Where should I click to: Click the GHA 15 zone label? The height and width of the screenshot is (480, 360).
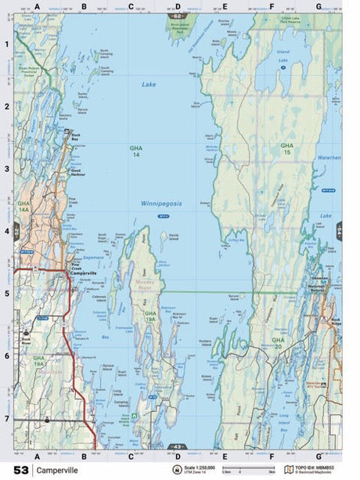coord(287,148)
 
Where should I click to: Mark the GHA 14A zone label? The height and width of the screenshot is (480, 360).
coord(23,205)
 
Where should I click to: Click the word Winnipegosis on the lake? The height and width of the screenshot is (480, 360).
coord(161,203)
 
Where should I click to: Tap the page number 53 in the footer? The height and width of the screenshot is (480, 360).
coord(21,470)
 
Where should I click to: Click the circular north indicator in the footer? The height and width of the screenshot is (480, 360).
coord(178,470)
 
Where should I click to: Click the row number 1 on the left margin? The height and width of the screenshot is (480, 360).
coord(6,44)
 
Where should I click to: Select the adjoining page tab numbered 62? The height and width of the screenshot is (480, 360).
coord(178,16)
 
